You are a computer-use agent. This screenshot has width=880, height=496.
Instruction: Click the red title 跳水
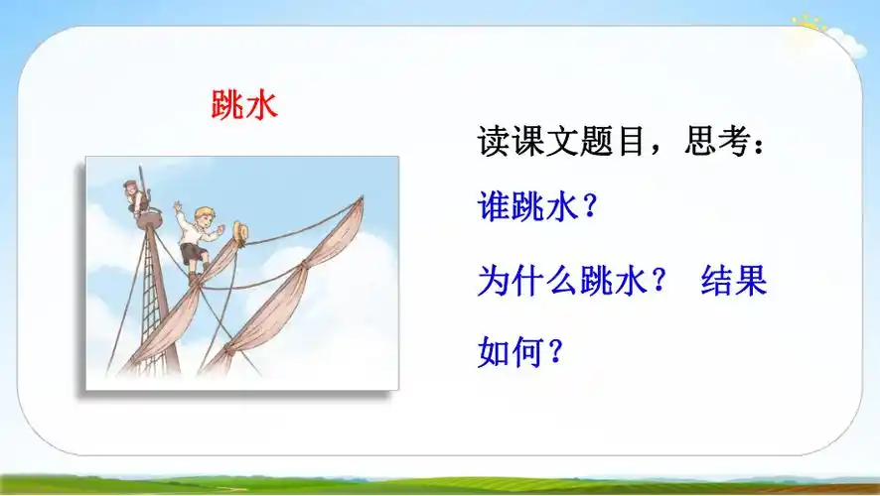(x=244, y=105)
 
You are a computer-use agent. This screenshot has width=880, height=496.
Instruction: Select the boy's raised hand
(x=178, y=207)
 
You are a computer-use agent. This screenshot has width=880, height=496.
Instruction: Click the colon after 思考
(x=760, y=147)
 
